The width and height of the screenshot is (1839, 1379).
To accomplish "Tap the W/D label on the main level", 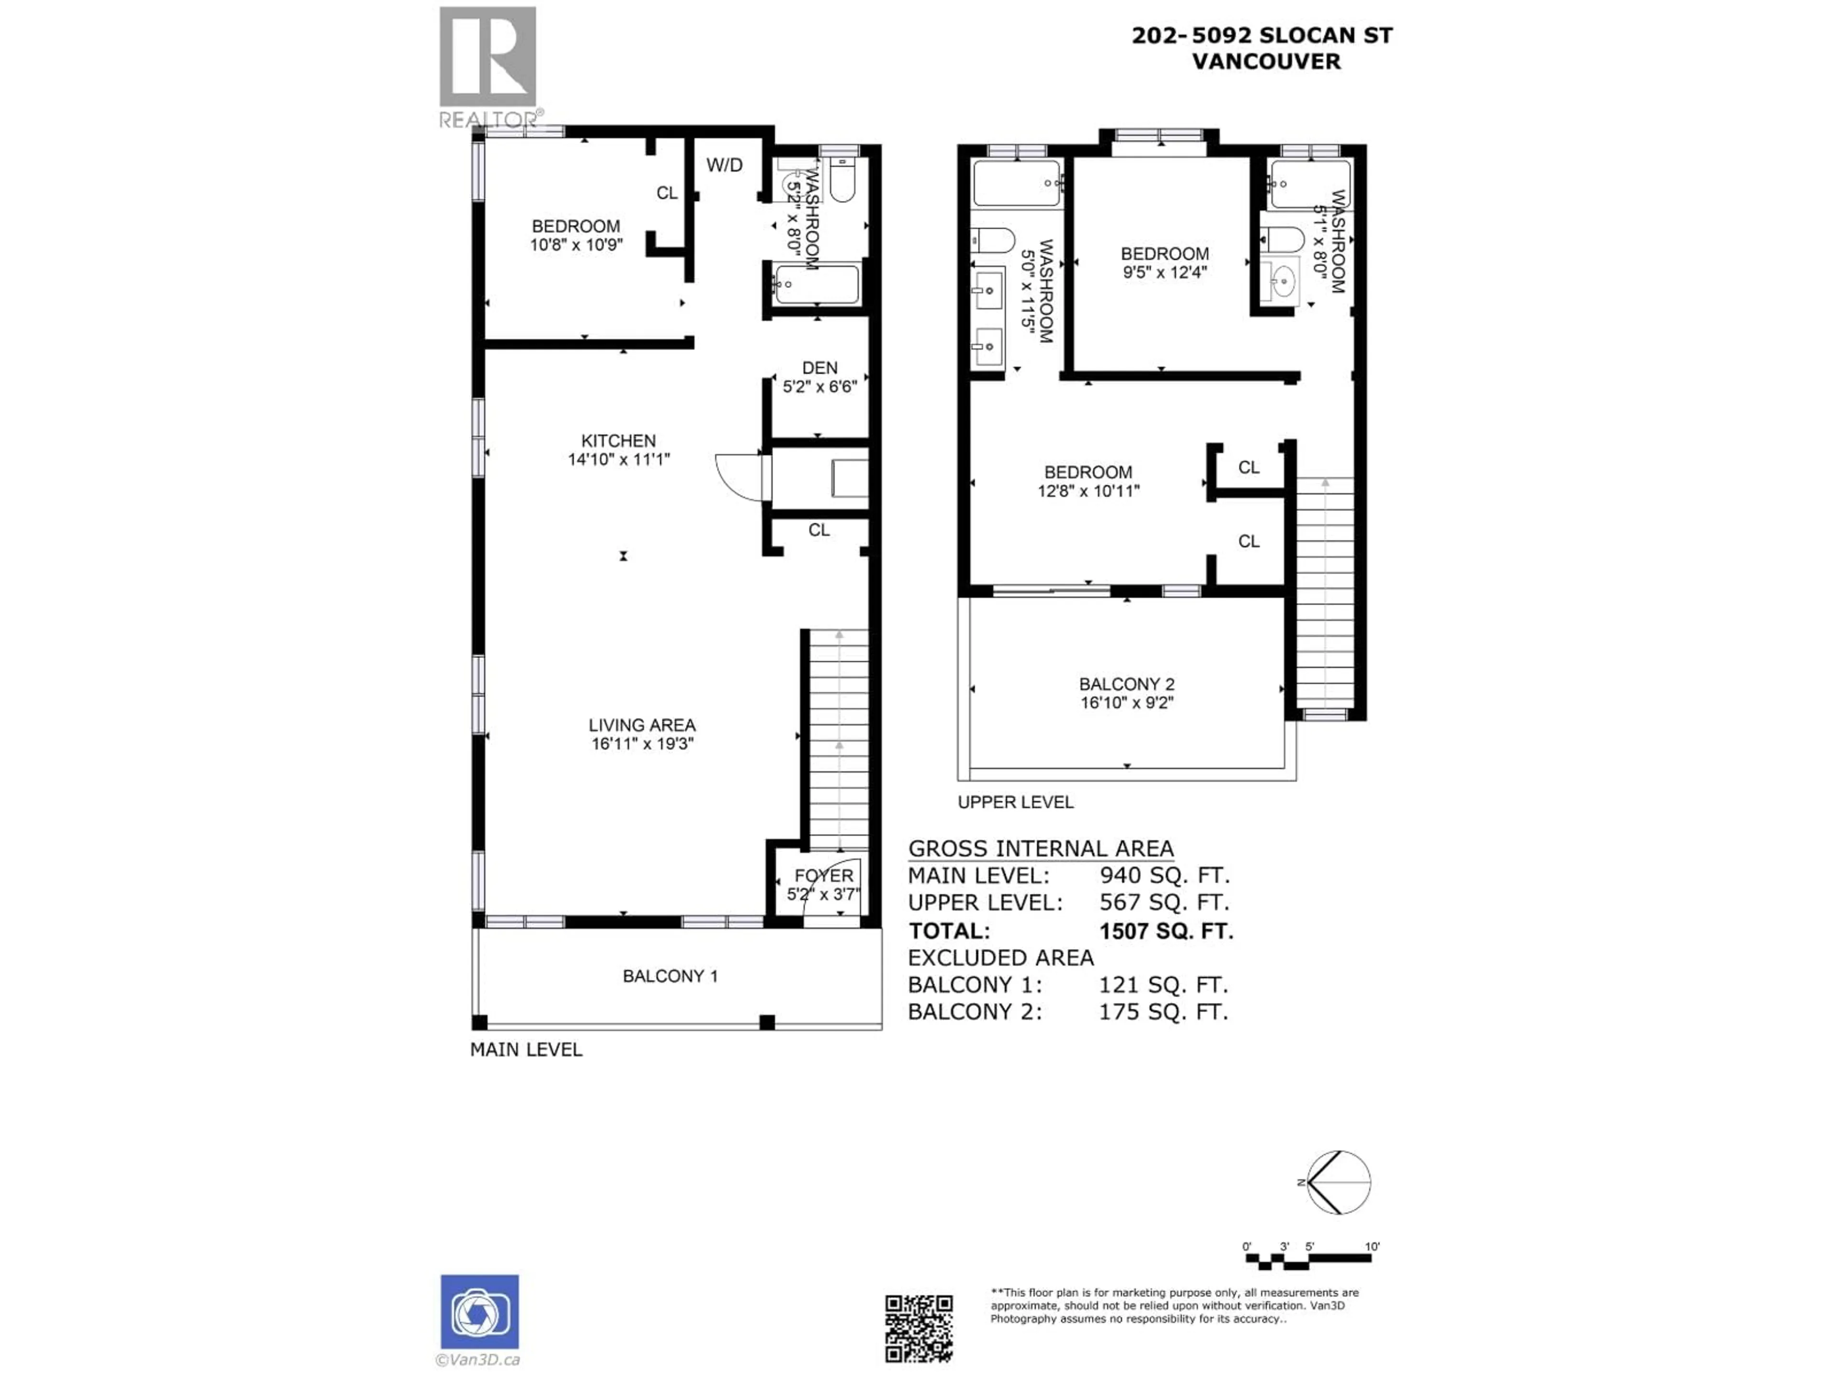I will [724, 165].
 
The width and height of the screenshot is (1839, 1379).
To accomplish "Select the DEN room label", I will [820, 367].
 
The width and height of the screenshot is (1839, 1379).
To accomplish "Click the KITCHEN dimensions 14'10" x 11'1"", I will [619, 459].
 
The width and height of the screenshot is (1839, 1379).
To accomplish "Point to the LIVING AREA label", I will [642, 725].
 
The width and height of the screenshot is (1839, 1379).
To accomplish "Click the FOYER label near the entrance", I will [824, 875].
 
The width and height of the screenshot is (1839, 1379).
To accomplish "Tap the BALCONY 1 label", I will [670, 976].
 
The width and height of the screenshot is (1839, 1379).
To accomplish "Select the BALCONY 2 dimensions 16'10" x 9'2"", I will [1126, 702].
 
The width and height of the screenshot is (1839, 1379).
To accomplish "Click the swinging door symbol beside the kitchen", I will [740, 477].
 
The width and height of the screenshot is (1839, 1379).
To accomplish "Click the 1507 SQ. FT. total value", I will [1166, 931].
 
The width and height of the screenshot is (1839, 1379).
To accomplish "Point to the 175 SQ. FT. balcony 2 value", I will [1163, 1012].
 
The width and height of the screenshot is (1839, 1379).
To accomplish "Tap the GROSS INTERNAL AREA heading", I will [1040, 848].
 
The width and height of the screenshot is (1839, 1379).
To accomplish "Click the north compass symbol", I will [1338, 1182].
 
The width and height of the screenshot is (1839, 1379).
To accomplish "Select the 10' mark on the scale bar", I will [1372, 1246].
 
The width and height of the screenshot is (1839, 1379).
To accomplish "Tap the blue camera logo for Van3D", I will [480, 1311].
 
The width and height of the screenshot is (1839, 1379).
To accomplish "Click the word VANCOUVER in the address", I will [1266, 61].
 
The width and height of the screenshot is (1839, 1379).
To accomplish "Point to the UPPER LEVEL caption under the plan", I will [1015, 802].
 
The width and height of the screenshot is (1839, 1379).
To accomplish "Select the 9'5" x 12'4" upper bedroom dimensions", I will [1164, 272].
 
